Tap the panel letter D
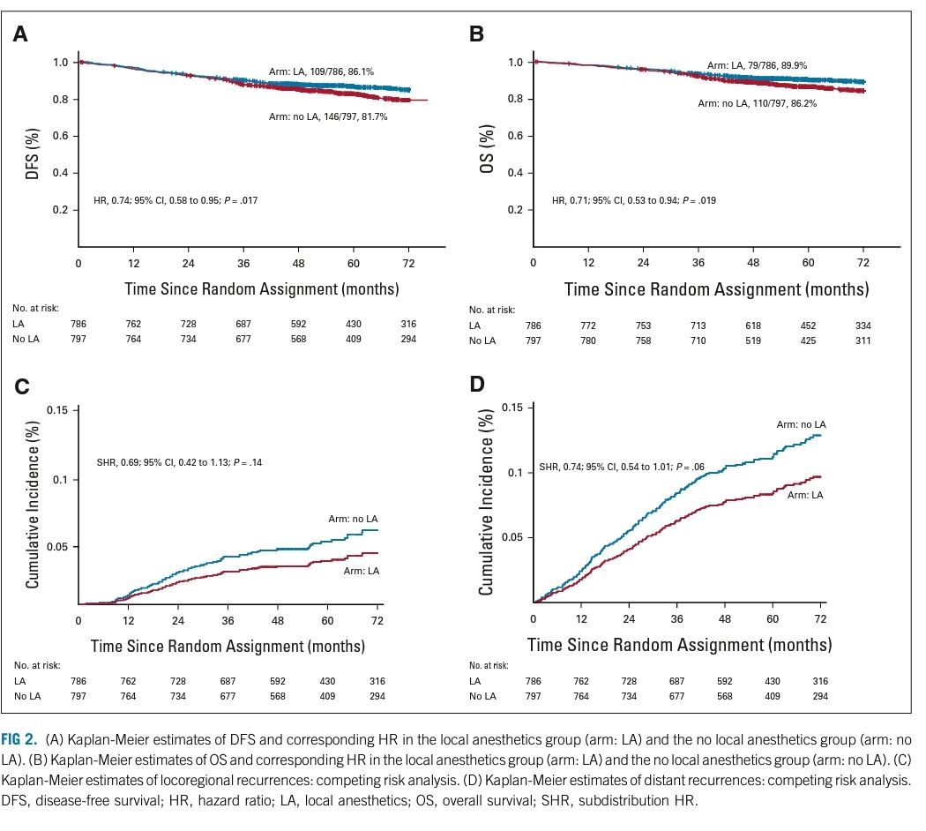(477, 385)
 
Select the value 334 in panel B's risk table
(863, 325)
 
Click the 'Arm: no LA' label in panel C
(353, 519)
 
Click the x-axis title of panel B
(716, 288)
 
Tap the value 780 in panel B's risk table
(588, 340)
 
